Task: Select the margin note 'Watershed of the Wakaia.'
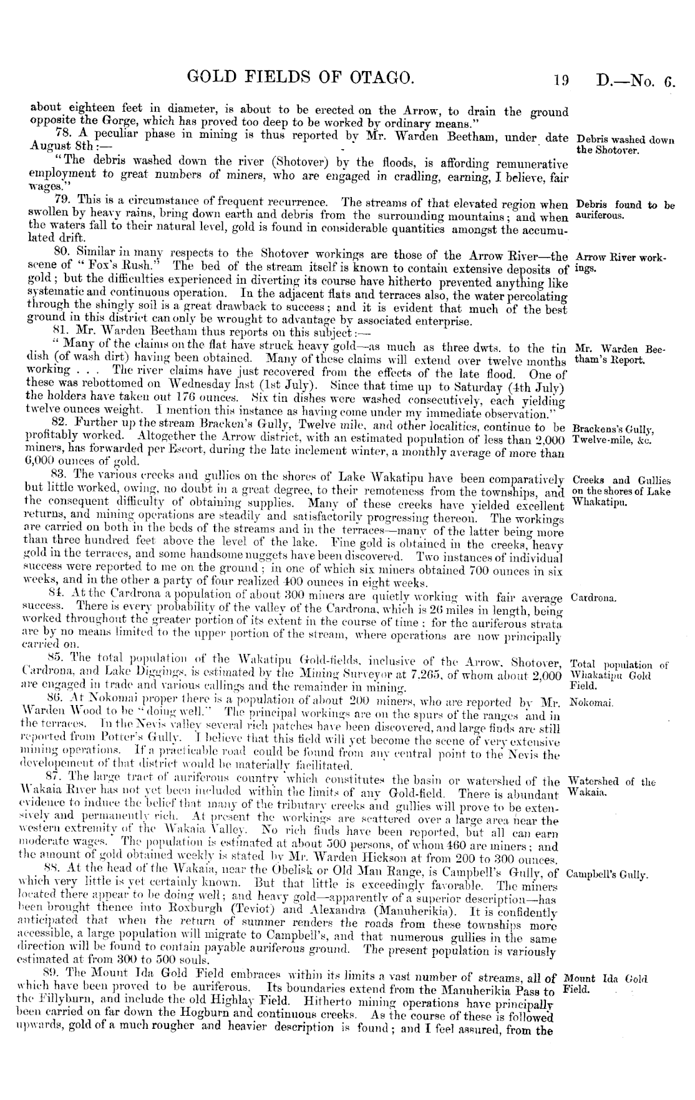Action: pos(611,787)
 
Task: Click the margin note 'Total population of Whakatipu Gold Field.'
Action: pos(619,674)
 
